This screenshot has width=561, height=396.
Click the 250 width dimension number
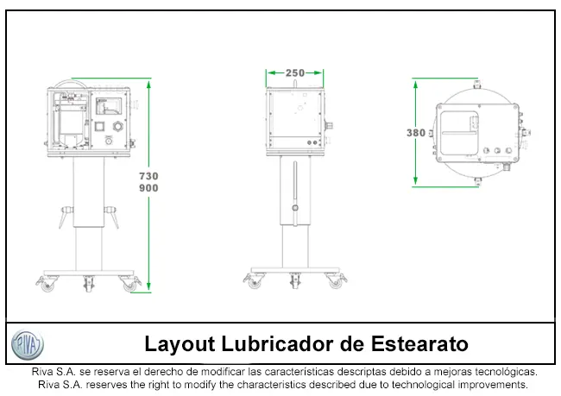295,73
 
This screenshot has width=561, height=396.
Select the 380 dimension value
416,133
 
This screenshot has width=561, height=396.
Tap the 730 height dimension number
148,176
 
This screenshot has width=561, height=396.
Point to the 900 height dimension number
148,188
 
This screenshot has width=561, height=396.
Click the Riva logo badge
28,344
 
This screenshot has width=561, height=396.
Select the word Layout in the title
180,344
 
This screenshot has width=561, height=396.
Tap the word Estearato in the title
419,343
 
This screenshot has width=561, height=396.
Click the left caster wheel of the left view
47,285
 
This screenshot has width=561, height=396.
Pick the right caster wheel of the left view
129,285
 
